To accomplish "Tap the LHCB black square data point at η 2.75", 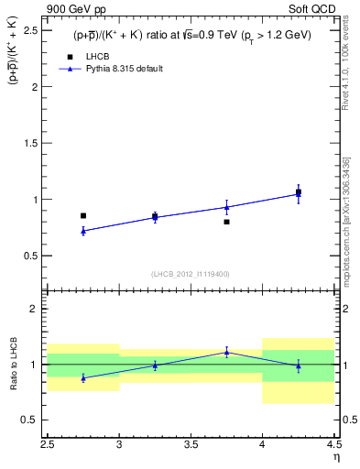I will click(83, 216).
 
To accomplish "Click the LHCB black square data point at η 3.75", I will click(226, 222).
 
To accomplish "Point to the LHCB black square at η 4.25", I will click(299, 192).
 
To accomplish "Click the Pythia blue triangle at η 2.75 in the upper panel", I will click(83, 231).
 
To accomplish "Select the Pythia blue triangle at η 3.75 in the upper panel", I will click(226, 207).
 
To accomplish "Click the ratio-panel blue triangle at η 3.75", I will click(226, 352).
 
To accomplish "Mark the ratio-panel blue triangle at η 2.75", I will click(83, 377).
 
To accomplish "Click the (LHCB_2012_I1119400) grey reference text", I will click(191, 274).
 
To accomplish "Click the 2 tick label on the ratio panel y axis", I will click(37, 309).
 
